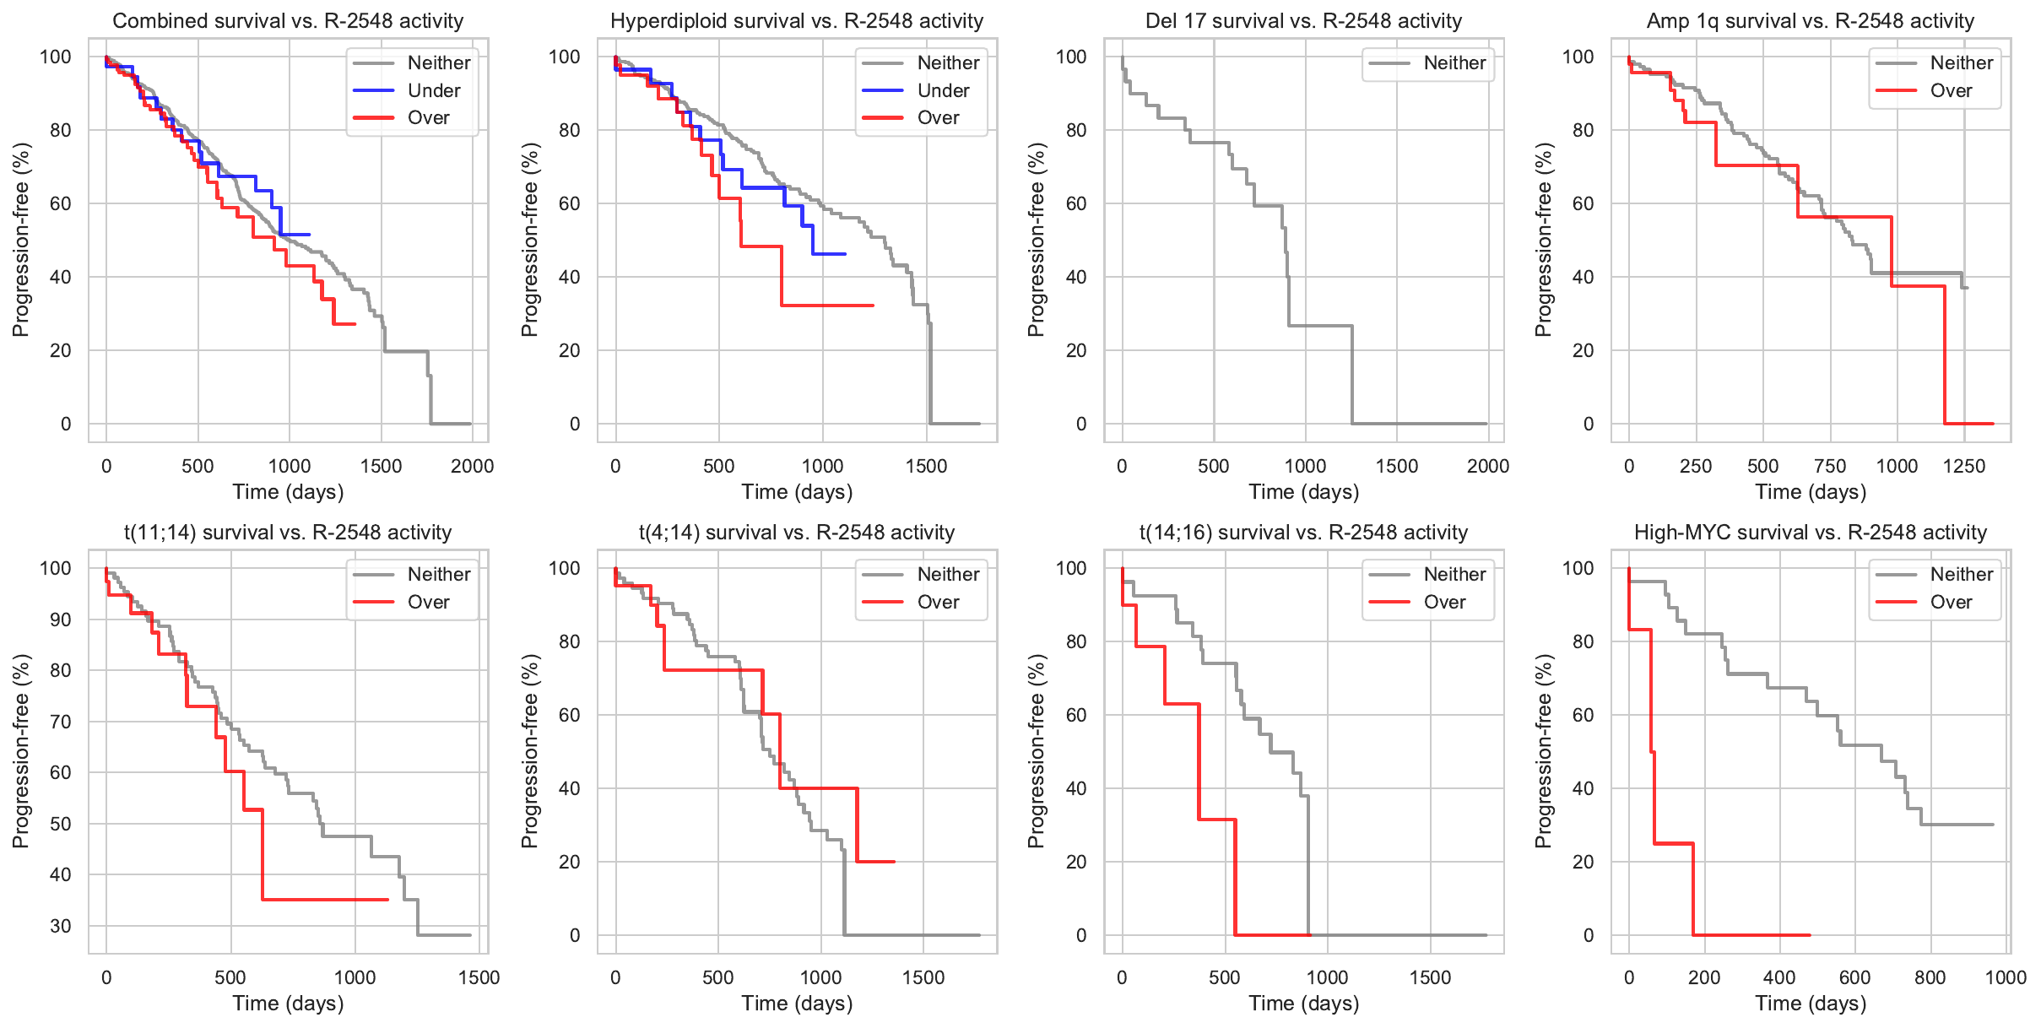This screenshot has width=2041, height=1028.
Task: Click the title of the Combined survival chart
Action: pos(288,21)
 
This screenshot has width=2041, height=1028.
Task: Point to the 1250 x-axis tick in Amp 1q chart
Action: pos(1964,466)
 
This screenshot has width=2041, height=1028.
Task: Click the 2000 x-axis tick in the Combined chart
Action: pos(472,466)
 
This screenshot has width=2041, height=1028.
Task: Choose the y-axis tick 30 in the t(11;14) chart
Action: pos(61,926)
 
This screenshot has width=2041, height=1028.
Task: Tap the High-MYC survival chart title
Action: pos(1811,533)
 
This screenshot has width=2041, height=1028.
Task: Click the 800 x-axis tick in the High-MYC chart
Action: pos(1930,977)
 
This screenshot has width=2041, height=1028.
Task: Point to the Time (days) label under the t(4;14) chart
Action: pos(797,1003)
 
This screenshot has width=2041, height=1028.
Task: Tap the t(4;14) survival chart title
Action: pos(797,533)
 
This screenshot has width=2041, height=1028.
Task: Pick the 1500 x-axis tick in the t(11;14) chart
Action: pos(479,977)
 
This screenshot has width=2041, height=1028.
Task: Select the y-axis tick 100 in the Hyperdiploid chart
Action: pos(565,57)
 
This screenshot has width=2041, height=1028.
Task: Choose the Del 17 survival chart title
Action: pos(1303,21)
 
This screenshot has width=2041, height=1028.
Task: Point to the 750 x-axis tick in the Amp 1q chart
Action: pos(1830,466)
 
